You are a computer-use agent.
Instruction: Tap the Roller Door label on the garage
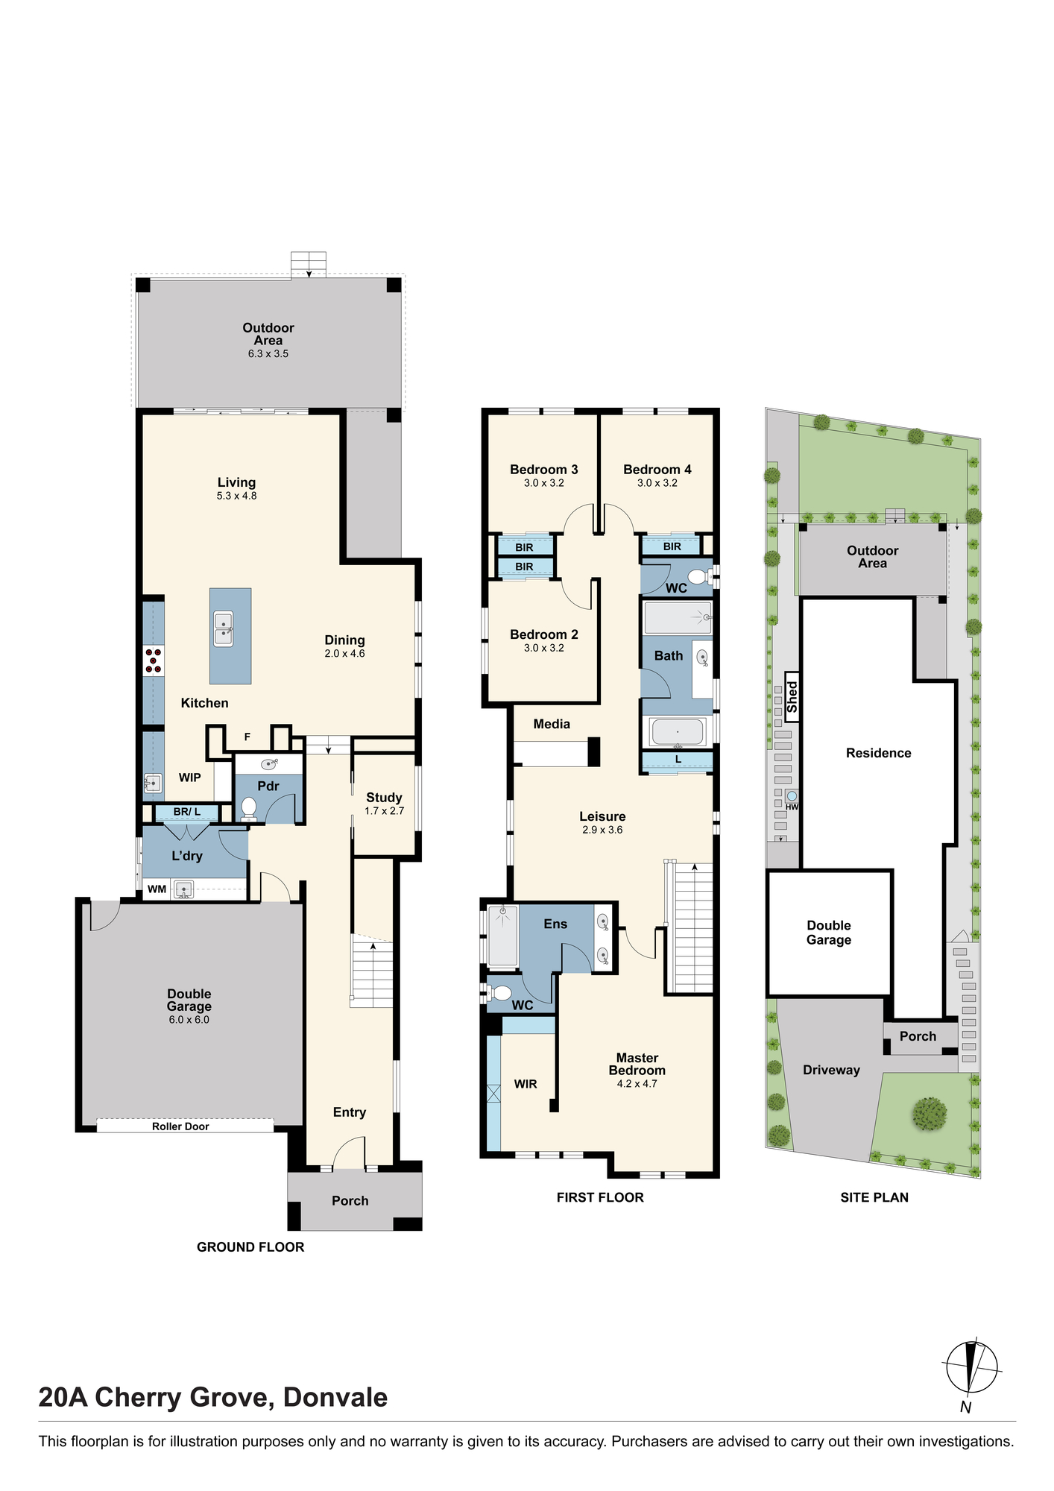[x=180, y=1126]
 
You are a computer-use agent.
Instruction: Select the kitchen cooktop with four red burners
[x=154, y=661]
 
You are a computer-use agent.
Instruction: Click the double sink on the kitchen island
[x=224, y=628]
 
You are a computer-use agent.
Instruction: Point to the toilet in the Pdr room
[x=249, y=810]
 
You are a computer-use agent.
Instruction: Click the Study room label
[x=384, y=798]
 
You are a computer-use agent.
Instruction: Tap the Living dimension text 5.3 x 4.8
[x=237, y=496]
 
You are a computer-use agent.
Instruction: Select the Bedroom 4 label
[x=657, y=470]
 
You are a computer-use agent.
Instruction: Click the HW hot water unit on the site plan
[x=792, y=799]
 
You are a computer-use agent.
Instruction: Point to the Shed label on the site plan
[x=792, y=696]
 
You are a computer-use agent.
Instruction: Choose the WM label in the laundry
[x=157, y=889]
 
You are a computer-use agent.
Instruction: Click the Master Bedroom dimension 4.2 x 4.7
[x=637, y=1084]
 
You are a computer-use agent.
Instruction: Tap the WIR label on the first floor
[x=526, y=1085]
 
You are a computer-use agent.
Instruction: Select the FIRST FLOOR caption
[x=600, y=1198]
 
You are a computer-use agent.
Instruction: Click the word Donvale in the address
[x=335, y=1398]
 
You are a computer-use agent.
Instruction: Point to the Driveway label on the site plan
[x=831, y=1071]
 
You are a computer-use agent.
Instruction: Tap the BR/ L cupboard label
[x=187, y=812]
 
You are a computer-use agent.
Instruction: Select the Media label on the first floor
[x=552, y=724]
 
